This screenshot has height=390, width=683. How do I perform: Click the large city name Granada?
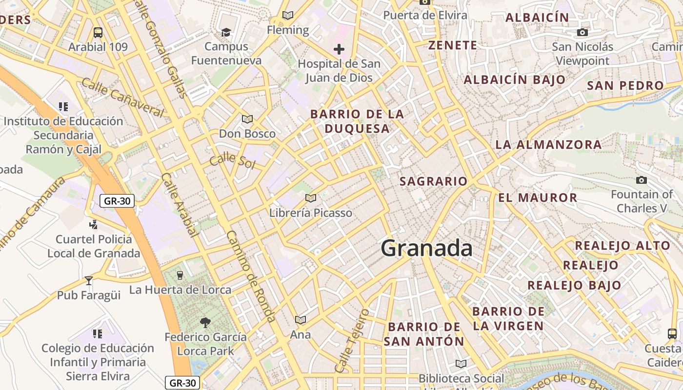[x=426, y=249]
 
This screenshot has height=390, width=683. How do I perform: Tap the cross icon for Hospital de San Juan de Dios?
[x=339, y=49]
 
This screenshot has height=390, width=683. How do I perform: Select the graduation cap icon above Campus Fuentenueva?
[x=226, y=32]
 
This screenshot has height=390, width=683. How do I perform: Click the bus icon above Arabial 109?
[x=98, y=33]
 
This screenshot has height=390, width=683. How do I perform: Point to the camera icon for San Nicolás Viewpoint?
[x=582, y=33]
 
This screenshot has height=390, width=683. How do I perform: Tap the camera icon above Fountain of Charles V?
[x=642, y=180]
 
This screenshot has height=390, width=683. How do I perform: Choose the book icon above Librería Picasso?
[x=310, y=198]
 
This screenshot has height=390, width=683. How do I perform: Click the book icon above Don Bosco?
[x=247, y=119]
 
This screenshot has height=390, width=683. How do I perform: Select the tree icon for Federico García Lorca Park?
[x=205, y=322]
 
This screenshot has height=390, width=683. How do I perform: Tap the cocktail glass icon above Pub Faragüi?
[x=88, y=280]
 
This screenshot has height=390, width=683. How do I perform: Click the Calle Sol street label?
[x=232, y=160]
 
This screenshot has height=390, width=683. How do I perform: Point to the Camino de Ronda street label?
[x=251, y=275]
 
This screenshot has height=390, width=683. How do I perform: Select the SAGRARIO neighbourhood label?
[x=433, y=181]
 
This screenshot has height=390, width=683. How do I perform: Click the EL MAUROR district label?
[x=538, y=197]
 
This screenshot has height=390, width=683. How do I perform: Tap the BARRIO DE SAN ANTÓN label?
[x=424, y=334]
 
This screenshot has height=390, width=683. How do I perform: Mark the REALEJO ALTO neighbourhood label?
[x=623, y=245]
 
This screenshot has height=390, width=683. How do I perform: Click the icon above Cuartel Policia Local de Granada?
[x=93, y=224]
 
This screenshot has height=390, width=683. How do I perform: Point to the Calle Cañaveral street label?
[x=122, y=97]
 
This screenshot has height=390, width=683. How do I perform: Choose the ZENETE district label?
[x=452, y=45]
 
